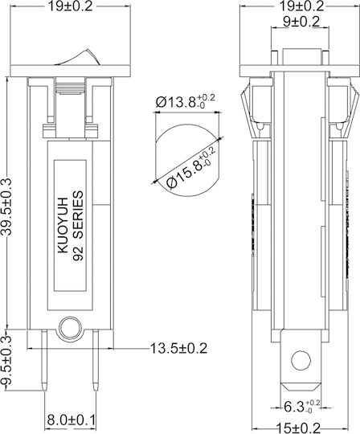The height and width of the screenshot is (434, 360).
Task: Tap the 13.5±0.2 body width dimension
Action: point(178,348)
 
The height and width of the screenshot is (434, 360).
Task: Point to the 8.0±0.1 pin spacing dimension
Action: point(71,420)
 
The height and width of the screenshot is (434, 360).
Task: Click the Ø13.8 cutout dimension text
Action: point(185,102)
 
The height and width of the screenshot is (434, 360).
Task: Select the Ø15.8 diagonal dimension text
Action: point(191,168)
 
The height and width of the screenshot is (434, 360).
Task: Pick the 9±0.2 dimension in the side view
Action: point(301,22)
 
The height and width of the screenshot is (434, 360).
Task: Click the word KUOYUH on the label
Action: point(63,225)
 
